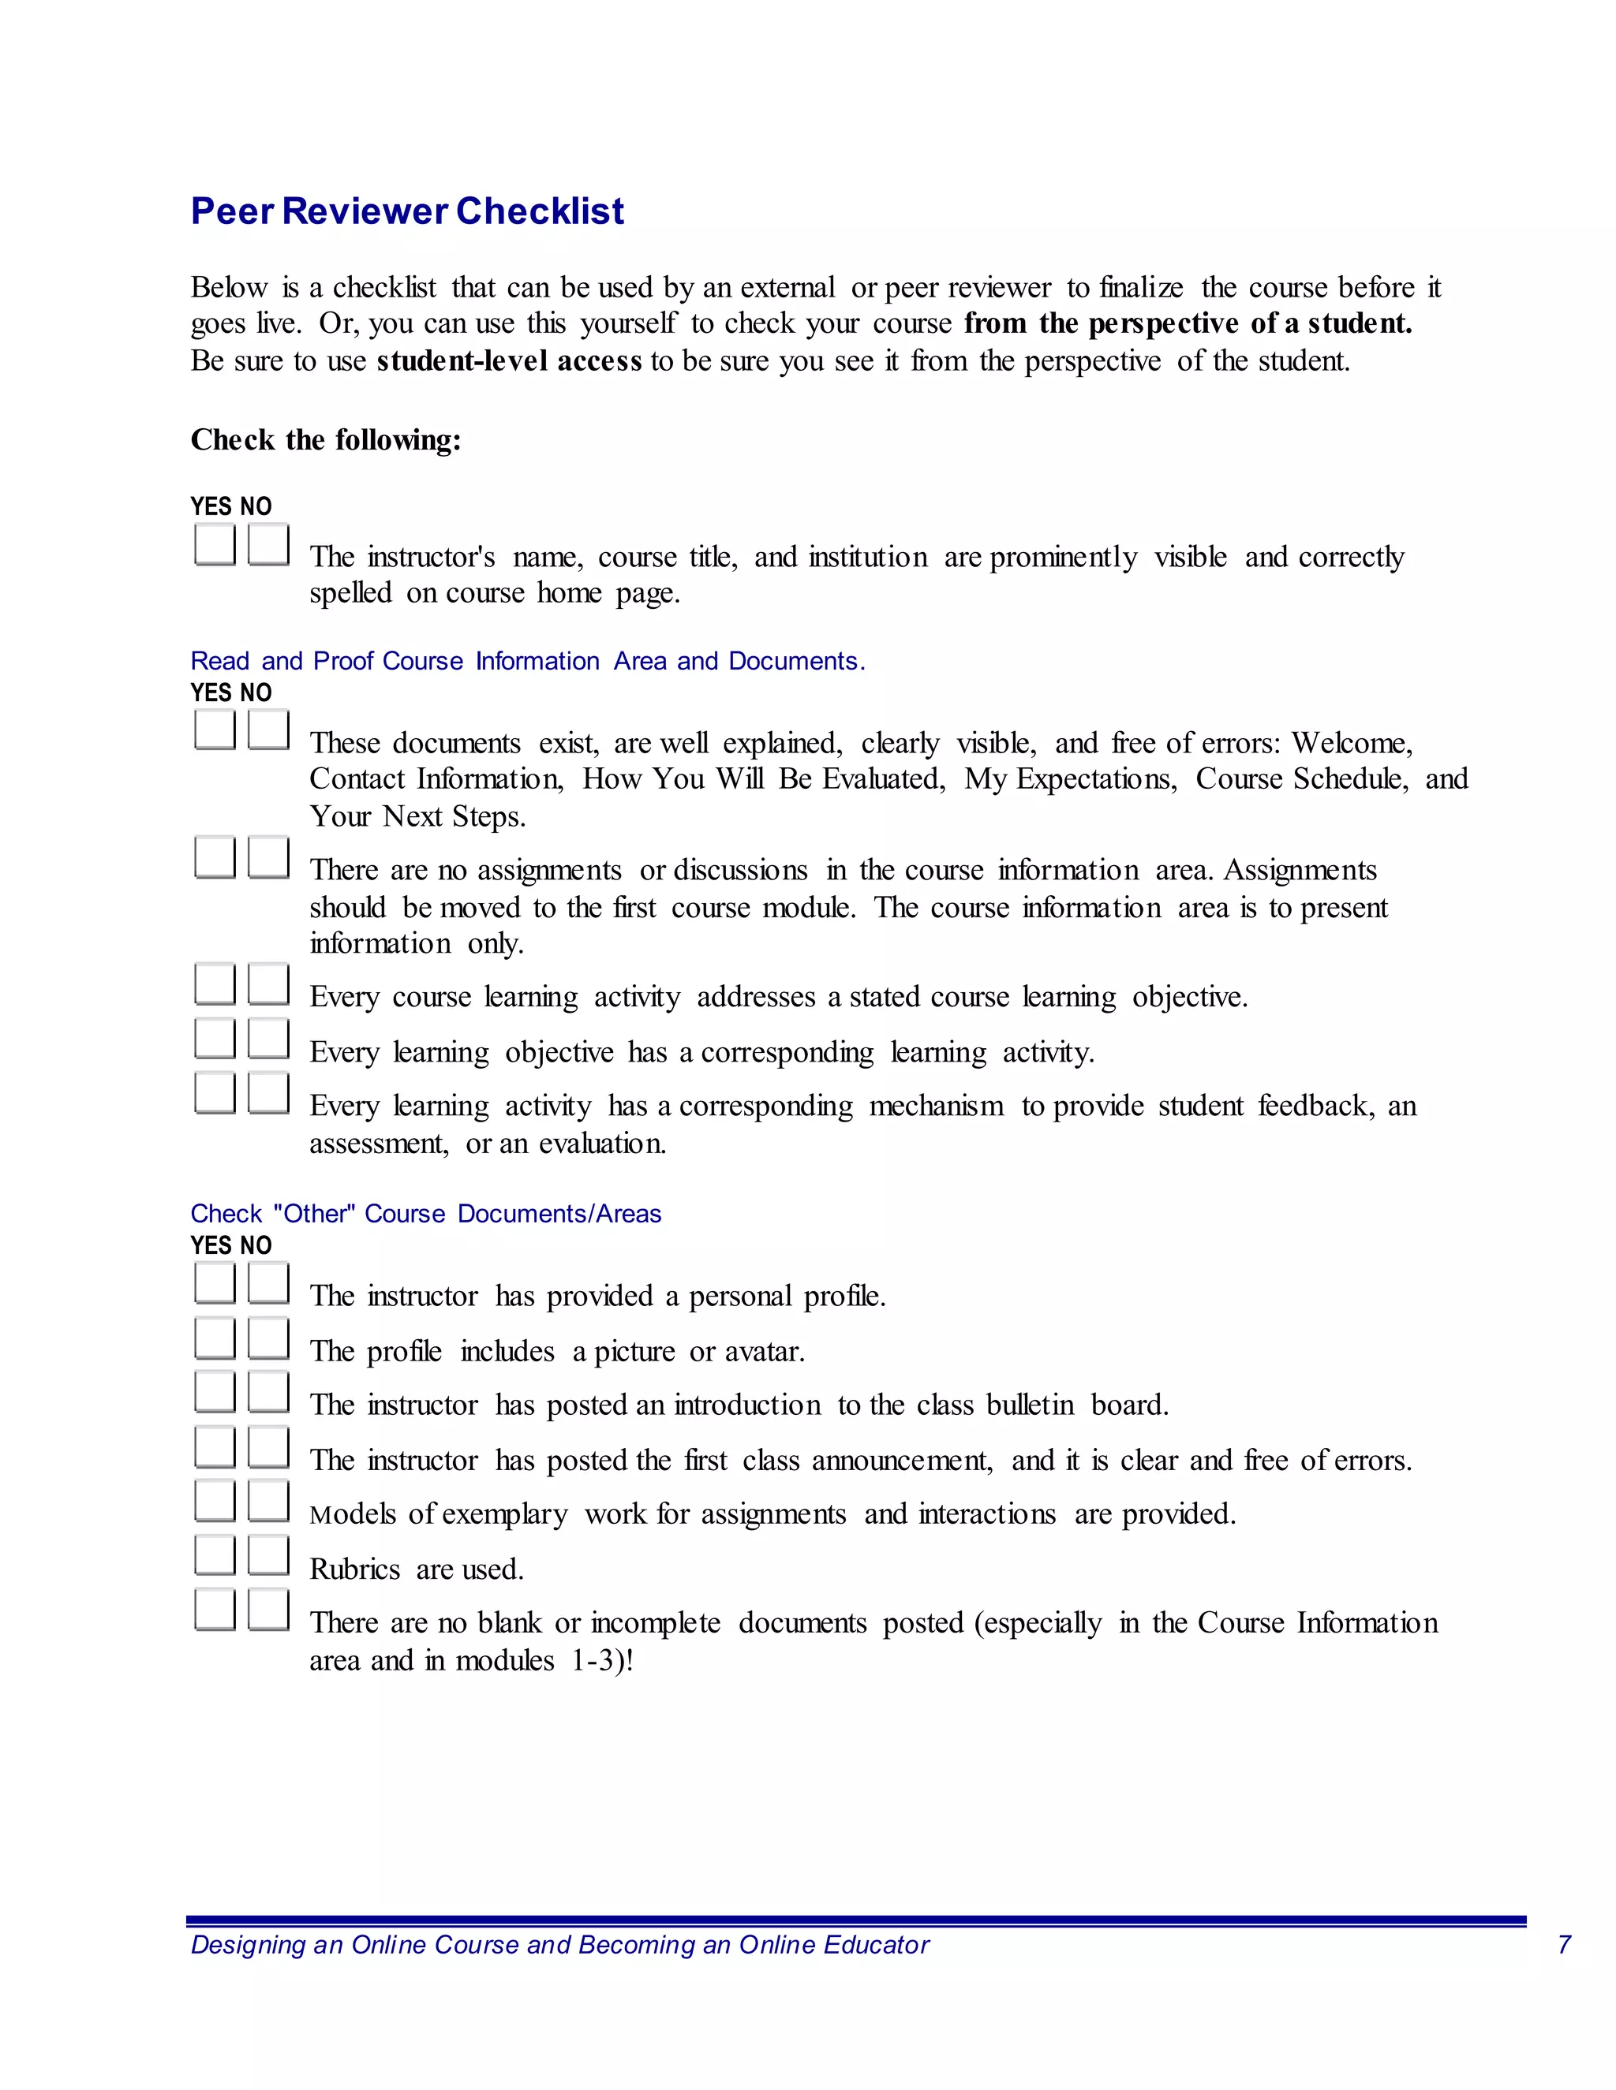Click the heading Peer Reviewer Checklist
(407, 211)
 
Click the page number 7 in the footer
(1563, 1945)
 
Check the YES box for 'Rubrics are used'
(215, 1555)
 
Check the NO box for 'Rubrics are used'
(268, 1555)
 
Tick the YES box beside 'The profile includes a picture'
(215, 1337)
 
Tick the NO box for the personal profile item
(268, 1282)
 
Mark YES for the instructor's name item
(215, 543)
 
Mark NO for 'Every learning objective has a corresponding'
(268, 1039)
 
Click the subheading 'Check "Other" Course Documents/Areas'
(425, 1214)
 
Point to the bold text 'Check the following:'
(326, 440)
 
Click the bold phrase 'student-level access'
(508, 360)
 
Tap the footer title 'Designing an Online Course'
(559, 1945)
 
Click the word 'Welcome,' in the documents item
(1351, 743)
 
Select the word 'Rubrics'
(354, 1569)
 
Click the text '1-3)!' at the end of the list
(602, 1660)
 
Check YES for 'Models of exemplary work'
(215, 1501)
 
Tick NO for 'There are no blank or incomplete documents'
(268, 1610)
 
